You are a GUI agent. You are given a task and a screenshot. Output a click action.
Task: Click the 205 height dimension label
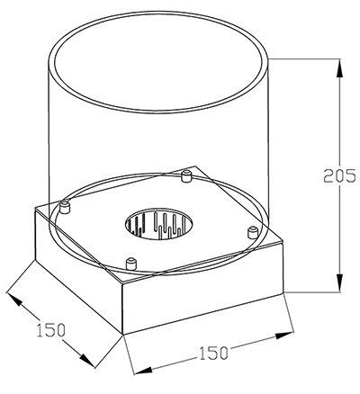(339, 176)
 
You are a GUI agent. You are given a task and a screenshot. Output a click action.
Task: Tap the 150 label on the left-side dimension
(50, 329)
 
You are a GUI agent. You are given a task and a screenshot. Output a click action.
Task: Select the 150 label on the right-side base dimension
(213, 353)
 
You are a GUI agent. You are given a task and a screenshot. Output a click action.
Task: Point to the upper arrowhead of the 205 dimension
(339, 69)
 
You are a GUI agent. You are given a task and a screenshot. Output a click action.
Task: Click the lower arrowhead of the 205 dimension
(339, 282)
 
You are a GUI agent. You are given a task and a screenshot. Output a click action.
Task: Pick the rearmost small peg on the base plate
(187, 176)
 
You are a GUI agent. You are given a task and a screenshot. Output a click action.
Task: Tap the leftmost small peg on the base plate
(65, 208)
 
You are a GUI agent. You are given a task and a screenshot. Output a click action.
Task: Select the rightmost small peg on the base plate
(252, 233)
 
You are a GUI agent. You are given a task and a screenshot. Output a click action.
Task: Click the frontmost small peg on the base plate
(130, 264)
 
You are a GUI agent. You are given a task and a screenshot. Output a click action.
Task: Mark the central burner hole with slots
(159, 224)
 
